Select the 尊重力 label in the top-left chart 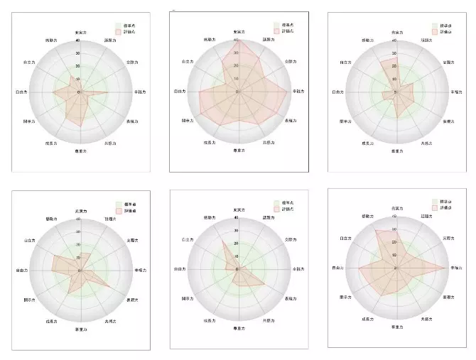tap(81, 151)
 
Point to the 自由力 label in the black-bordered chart tap(180, 92)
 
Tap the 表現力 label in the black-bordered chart tap(290, 121)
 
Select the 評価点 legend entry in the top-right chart tap(446, 31)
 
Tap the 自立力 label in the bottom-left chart tap(29, 241)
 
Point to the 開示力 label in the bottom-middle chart tap(188, 299)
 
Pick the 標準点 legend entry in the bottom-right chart tap(446, 202)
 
